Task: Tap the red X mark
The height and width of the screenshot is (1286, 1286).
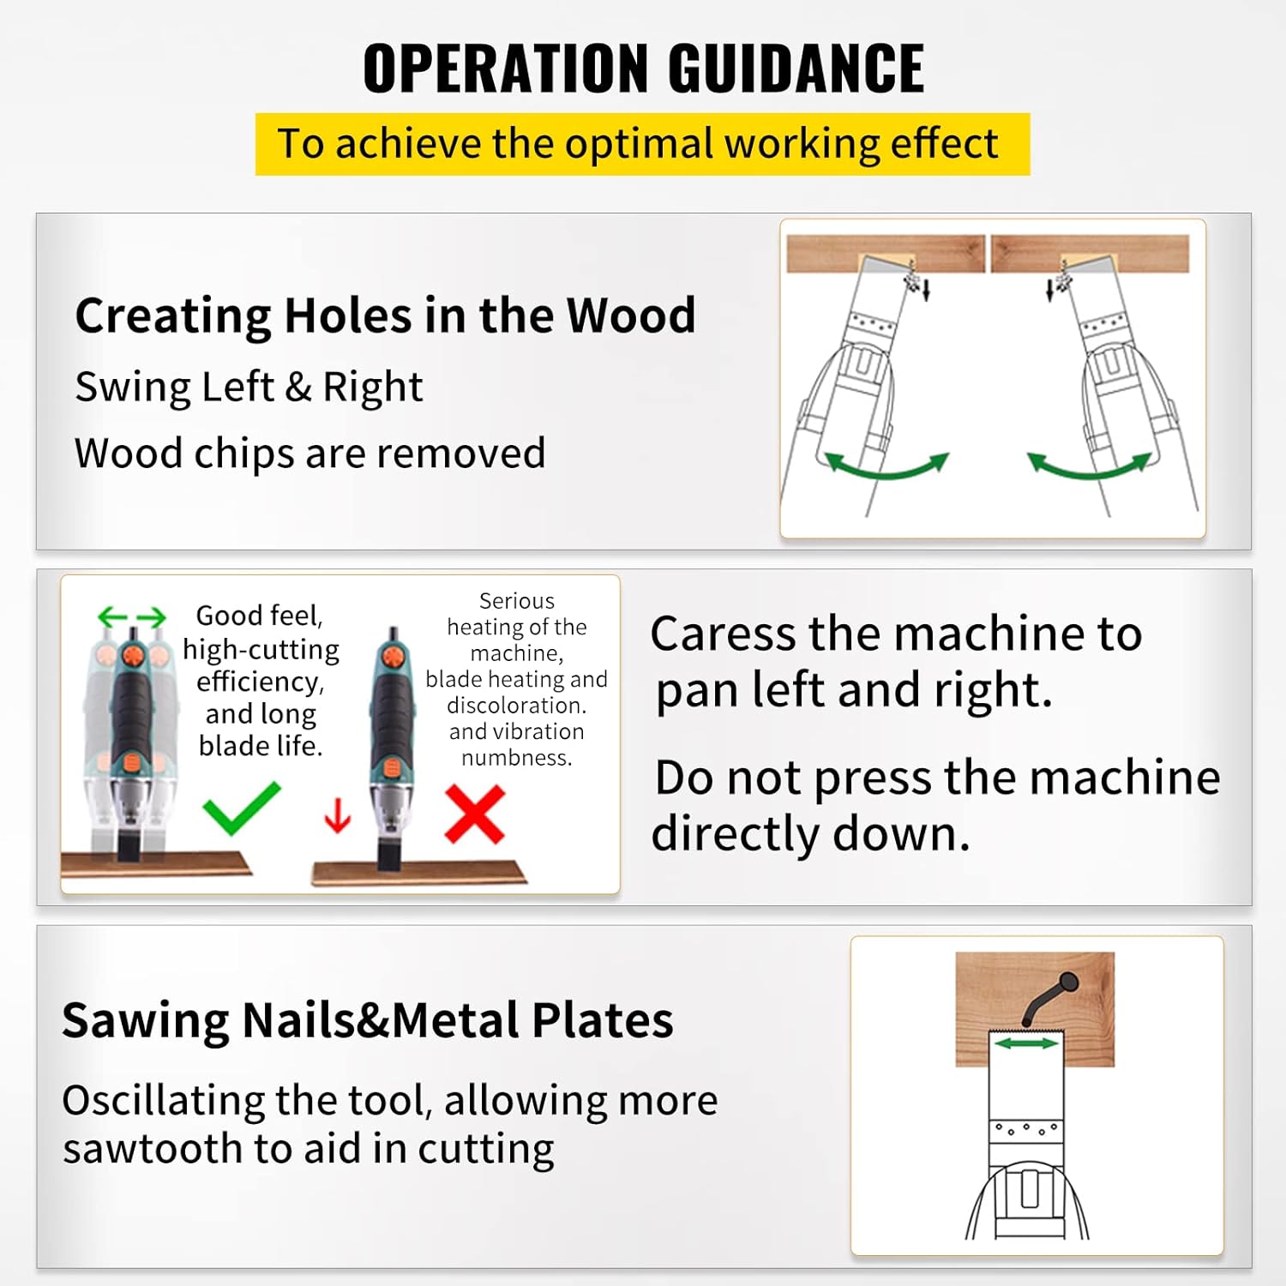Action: click(x=475, y=815)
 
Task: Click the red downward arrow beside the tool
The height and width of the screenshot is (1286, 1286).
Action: click(x=338, y=815)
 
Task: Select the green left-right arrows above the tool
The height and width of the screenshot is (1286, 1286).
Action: click(x=131, y=616)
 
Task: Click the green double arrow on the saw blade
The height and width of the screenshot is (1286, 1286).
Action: click(x=1026, y=1043)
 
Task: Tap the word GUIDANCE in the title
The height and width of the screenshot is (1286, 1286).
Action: click(x=796, y=69)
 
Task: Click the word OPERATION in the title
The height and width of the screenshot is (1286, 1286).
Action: click(x=506, y=69)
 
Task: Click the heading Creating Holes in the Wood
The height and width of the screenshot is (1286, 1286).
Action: click(x=385, y=315)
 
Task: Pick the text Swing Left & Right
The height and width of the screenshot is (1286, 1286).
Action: click(x=249, y=387)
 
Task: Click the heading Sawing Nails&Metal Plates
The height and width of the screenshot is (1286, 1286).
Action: click(x=367, y=1020)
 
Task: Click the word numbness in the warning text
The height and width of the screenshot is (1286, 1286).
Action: click(x=516, y=758)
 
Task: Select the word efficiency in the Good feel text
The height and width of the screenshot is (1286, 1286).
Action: click(x=260, y=682)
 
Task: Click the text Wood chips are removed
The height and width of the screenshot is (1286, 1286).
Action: click(x=309, y=454)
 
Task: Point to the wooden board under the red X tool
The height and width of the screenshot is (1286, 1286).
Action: click(x=418, y=874)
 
